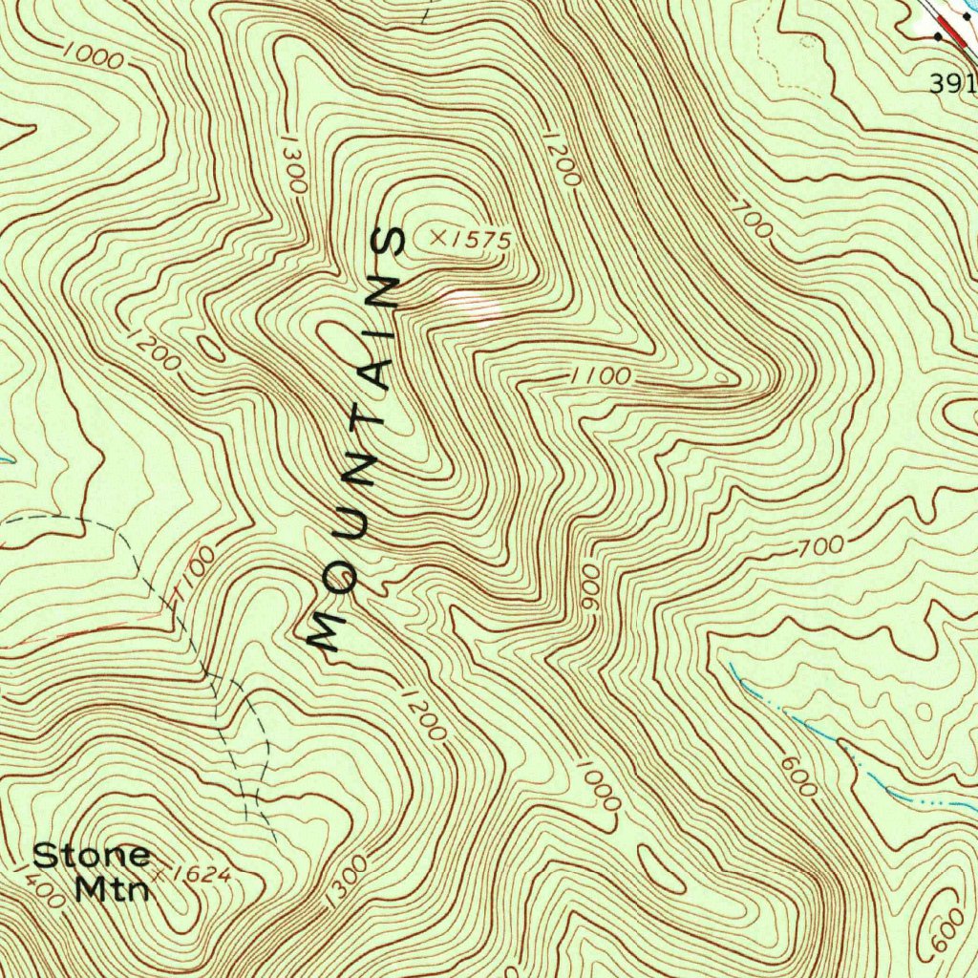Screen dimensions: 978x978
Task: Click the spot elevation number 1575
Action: [482, 239]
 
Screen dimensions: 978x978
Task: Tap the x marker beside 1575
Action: [439, 235]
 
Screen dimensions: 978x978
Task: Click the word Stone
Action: [92, 854]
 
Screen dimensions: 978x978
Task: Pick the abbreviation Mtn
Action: [113, 888]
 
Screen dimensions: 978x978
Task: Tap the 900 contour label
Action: [589, 594]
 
